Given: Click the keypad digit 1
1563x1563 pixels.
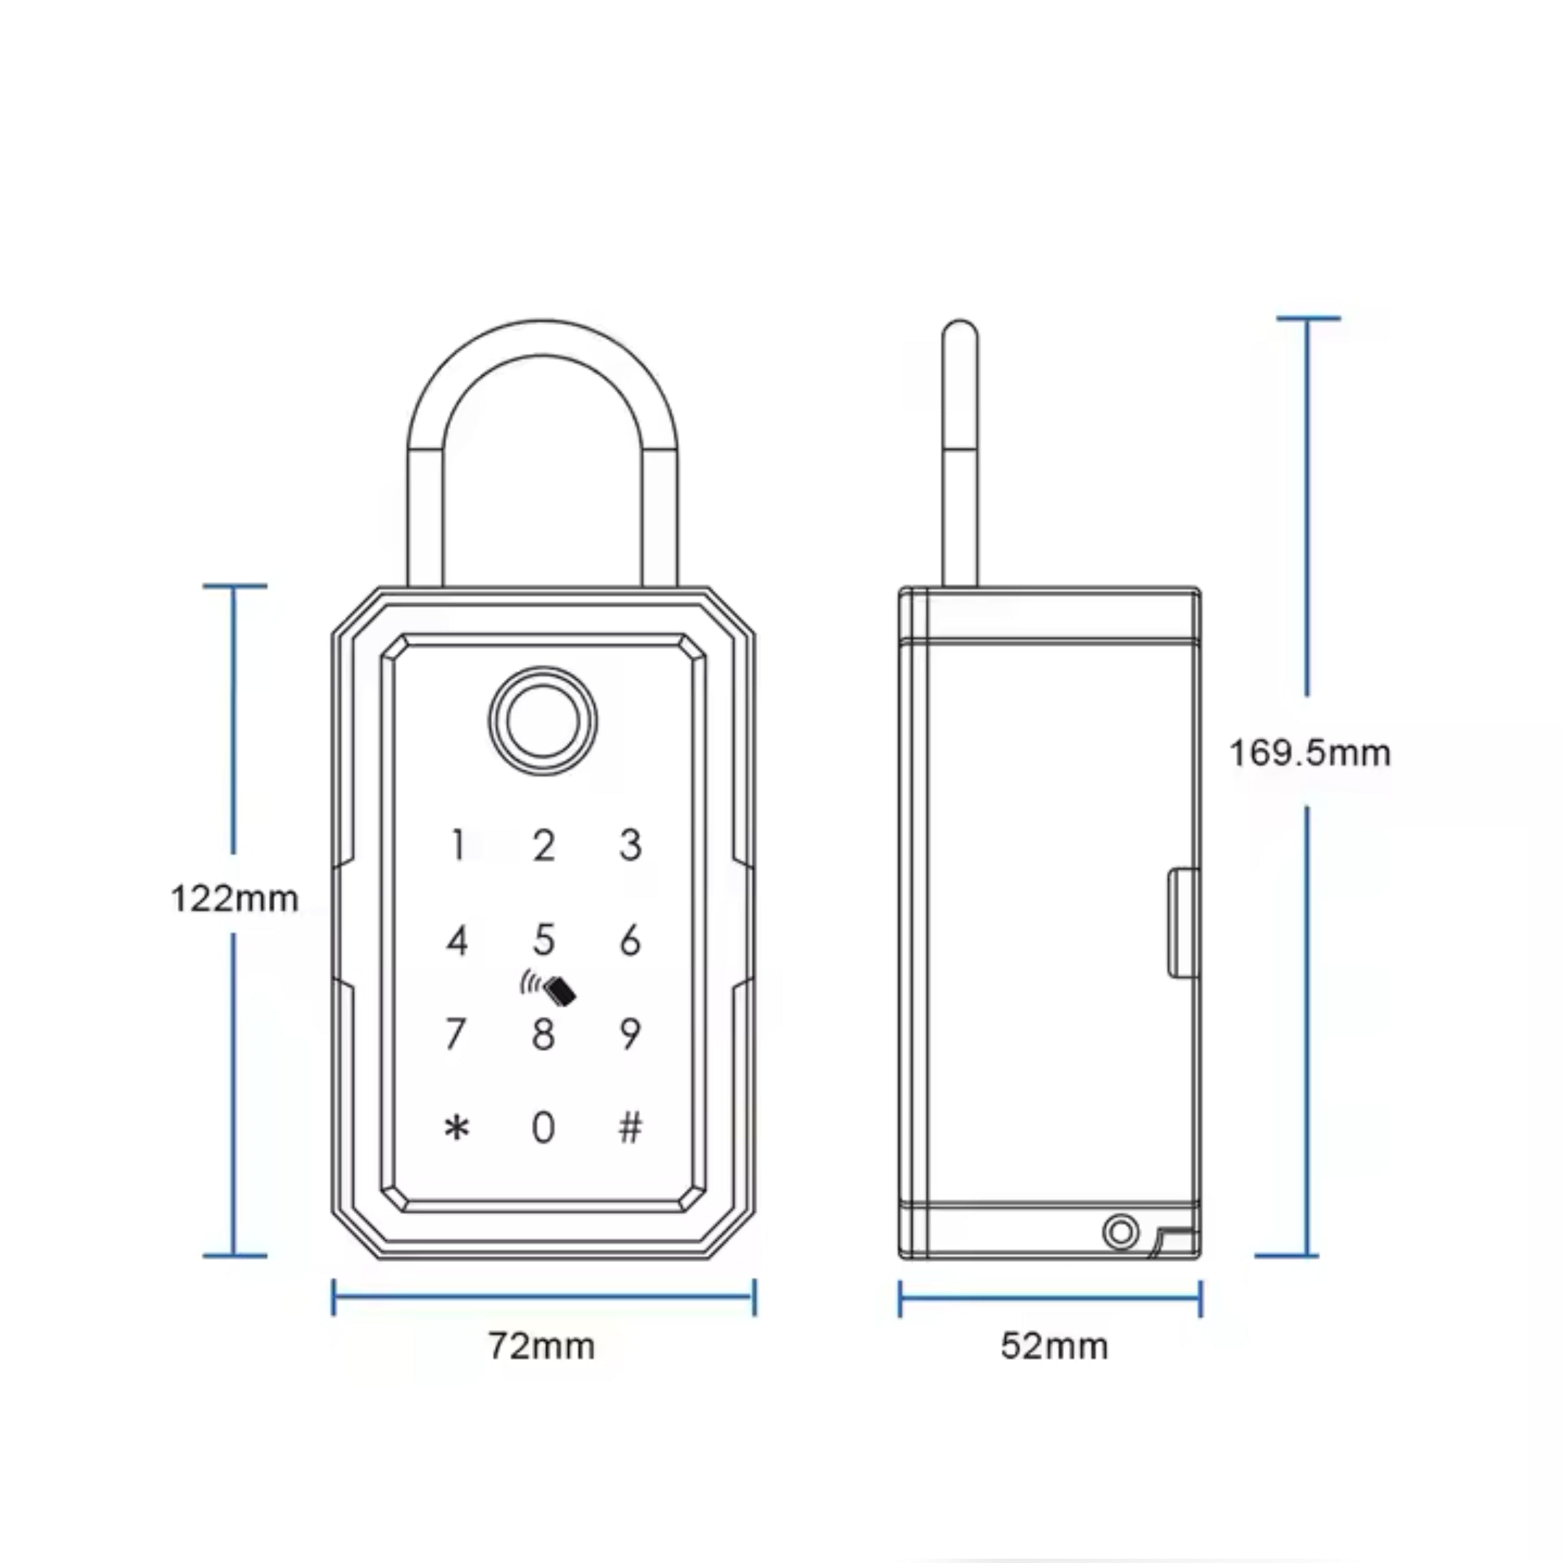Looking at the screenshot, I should (x=458, y=845).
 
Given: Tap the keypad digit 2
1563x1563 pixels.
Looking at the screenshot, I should (x=544, y=845).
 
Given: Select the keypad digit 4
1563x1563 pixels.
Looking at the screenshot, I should (x=457, y=940).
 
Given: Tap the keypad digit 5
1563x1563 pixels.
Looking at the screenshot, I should (x=544, y=940).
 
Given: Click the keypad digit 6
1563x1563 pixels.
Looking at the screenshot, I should (x=630, y=940).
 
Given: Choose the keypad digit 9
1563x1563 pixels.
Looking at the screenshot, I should (x=630, y=1034).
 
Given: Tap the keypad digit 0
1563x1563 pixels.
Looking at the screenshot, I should (x=544, y=1127).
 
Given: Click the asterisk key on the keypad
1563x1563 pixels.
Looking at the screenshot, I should (x=457, y=1127).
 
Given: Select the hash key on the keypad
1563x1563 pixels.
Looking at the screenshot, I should (x=630, y=1127).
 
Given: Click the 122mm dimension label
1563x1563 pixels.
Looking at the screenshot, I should (x=234, y=899).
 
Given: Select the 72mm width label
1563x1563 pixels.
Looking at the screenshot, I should (x=542, y=1347).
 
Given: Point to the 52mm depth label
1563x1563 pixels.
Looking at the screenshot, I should (x=1054, y=1347).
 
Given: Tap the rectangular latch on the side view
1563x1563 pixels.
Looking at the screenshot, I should (x=1183, y=922).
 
